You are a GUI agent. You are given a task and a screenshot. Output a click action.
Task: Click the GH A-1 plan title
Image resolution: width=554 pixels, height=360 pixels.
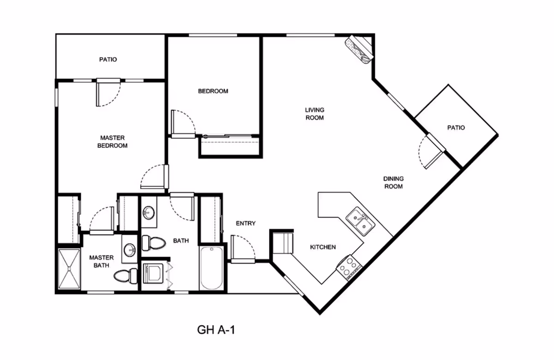pos(216,330)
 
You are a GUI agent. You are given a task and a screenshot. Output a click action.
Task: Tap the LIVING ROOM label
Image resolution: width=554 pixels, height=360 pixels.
pos(314,114)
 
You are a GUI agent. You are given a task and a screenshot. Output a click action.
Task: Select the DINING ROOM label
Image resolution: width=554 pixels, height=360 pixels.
pos(393,182)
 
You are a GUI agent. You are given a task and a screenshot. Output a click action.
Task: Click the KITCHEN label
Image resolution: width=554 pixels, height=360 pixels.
pos(323,247)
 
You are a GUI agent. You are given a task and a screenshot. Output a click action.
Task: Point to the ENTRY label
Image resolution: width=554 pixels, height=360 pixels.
pos(246,223)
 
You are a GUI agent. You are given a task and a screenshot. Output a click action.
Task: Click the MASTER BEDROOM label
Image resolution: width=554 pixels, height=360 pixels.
pos(112,142)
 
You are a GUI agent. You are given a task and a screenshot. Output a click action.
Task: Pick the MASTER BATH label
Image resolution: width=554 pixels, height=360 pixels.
pos(102,261)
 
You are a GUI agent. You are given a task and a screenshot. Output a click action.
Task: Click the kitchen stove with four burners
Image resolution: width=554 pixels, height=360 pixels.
pos(349,268)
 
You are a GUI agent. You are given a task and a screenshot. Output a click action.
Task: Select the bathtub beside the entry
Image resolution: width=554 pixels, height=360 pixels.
pos(211,268)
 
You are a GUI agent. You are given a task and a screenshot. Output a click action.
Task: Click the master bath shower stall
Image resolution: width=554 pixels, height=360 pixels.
pos(69,269)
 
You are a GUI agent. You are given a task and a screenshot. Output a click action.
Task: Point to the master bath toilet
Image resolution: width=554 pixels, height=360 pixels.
pos(126,276)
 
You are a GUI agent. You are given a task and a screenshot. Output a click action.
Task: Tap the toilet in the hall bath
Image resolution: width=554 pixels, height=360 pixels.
pos(154,243)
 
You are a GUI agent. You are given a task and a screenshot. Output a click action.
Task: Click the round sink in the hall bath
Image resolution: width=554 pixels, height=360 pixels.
pos(148,213)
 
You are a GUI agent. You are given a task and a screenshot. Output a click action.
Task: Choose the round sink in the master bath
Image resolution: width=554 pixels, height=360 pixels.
pos(130,250)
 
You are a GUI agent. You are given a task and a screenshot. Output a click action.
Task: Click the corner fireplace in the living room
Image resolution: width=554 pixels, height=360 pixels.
pos(359,49)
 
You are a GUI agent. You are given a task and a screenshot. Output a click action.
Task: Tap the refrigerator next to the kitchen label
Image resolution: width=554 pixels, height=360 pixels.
pos(283,243)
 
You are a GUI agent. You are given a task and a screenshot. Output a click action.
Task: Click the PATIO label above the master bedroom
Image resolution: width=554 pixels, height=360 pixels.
pos(108,60)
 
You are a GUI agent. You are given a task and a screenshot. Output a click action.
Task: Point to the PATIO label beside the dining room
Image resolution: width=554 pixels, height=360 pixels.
pos(456,127)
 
